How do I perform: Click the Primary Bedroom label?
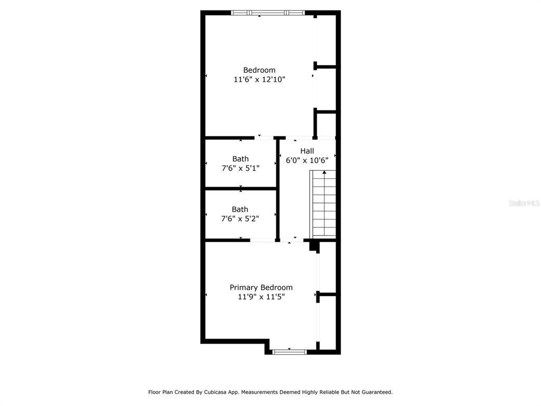tap(261, 288)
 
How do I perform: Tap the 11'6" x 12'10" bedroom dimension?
tap(259, 79)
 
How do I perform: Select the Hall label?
tap(307, 151)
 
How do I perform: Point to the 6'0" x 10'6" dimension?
tap(307, 160)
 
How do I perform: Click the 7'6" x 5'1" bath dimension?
tap(240, 168)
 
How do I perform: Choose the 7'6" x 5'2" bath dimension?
tap(240, 218)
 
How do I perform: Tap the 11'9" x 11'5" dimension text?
tap(261, 297)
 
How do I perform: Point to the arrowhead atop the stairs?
tap(324, 172)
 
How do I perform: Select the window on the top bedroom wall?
tap(268, 13)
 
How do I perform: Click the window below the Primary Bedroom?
tap(290, 352)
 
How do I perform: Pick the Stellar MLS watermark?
tap(524, 203)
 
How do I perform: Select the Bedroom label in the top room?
tap(259, 70)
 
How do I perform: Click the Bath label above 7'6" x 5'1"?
tap(240, 159)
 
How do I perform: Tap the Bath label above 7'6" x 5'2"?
tap(240, 209)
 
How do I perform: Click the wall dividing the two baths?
tap(241, 189)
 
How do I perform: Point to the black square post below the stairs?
tap(313, 246)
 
